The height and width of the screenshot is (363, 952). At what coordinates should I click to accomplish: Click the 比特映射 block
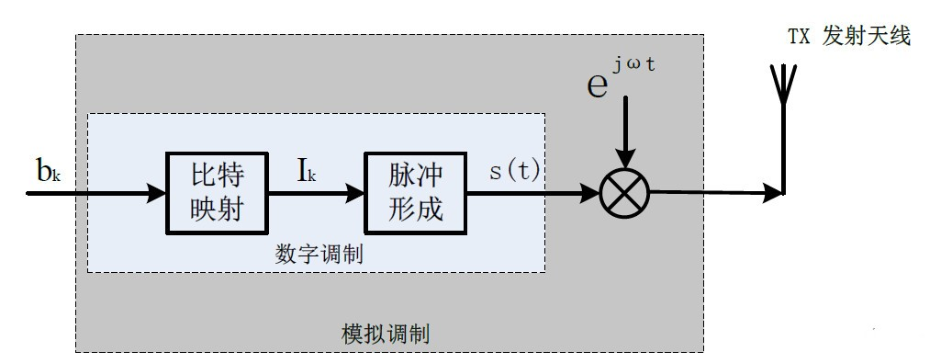218,192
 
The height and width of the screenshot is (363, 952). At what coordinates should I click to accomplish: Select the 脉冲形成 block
415,192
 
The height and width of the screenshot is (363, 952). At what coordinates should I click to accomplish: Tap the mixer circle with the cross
624,193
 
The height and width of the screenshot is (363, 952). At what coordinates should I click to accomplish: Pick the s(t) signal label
514,172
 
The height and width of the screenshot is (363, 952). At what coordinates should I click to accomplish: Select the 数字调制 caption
319,254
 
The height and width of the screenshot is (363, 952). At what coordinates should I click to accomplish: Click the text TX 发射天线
849,38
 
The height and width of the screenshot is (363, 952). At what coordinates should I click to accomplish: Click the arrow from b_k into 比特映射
110,193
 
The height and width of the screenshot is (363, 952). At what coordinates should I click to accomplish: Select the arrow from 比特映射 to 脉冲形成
316,193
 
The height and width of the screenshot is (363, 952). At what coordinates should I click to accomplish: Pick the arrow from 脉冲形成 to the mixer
532,193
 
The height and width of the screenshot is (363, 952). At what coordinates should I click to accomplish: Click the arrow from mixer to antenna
716,193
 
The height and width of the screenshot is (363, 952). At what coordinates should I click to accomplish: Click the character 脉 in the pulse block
401,175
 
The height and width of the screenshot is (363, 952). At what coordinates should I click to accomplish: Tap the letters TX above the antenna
799,38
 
